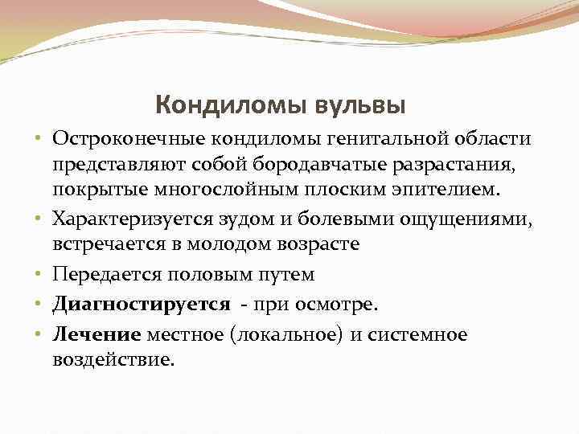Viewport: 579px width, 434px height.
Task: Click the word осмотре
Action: (341, 304)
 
